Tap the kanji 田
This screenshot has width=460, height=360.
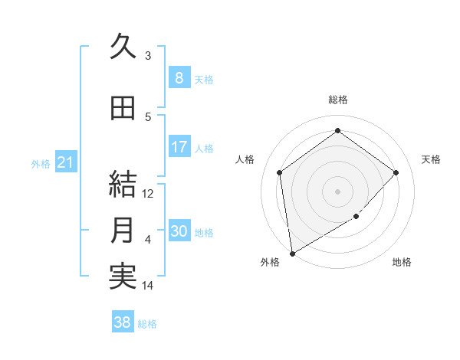[123, 108]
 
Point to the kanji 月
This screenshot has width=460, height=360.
[123, 231]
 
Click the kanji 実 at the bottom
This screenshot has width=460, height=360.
[123, 277]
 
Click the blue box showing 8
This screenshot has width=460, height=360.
[179, 78]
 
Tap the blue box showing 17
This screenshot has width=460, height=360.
[179, 147]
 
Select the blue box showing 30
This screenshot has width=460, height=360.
[179, 232]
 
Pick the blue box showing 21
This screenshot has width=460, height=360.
[66, 163]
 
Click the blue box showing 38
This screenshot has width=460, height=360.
[123, 322]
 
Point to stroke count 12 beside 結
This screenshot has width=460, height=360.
[148, 194]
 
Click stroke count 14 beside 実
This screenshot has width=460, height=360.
[148, 286]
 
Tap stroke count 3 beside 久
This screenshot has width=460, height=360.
[148, 55]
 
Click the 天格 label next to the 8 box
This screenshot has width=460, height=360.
[204, 79]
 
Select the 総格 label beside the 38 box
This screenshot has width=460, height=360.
[147, 323]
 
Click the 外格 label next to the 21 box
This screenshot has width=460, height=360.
[41, 164]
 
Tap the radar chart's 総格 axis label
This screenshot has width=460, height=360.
[337, 100]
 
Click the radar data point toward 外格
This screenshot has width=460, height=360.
[292, 253]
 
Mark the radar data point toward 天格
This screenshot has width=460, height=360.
[396, 172]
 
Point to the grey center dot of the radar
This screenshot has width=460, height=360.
[337, 191]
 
